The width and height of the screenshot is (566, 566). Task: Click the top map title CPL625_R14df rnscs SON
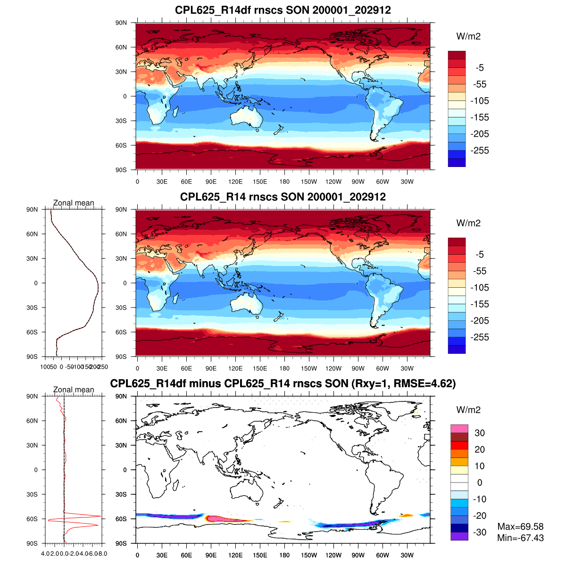283,10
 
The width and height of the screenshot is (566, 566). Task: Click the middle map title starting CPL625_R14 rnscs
283,197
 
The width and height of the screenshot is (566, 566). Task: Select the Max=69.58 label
520,526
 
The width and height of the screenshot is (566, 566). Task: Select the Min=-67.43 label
520,538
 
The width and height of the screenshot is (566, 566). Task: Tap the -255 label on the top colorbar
480,150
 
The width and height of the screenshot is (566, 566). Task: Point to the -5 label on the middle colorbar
479,254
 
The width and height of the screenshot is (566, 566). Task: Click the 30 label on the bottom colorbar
480,433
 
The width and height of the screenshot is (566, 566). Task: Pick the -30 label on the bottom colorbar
480,532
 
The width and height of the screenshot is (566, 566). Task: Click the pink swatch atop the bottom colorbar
459,429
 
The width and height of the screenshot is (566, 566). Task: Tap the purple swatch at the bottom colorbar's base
459,536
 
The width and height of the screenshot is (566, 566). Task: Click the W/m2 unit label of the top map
468,36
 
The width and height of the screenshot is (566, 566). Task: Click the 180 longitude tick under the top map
284,182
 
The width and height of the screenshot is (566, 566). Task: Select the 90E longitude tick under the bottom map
211,555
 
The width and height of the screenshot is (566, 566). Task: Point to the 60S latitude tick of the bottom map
122,519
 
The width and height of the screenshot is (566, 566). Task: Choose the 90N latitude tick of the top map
122,23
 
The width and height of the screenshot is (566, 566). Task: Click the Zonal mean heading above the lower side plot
74,390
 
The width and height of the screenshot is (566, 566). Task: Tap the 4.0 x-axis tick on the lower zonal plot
45,553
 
